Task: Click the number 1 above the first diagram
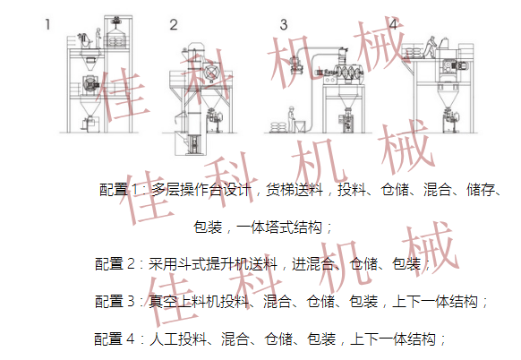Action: [47, 24]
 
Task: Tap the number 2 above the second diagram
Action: [174, 24]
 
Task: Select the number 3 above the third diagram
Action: [284, 24]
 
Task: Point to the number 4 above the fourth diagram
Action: [393, 24]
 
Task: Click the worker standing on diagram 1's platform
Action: [98, 38]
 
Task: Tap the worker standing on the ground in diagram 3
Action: [291, 119]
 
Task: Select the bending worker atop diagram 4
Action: [430, 47]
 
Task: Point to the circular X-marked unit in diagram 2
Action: [210, 73]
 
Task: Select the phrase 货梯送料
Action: [295, 190]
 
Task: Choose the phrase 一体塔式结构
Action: [279, 227]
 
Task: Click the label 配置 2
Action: [115, 264]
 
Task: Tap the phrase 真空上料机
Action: [184, 302]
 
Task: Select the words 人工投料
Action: [178, 339]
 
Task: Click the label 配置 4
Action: [115, 339]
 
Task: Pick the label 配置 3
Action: [115, 302]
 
